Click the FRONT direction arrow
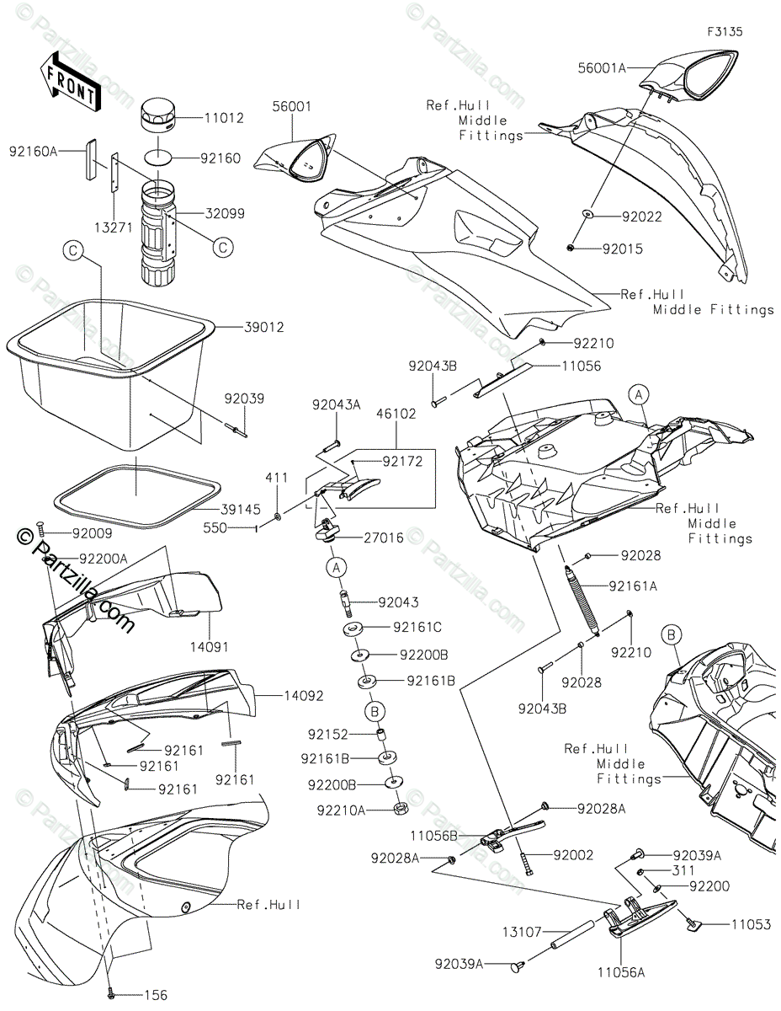69,80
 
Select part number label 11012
224,118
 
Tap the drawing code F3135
725,32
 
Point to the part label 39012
241,326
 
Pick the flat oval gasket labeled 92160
160,158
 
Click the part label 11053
751,925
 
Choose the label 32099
224,214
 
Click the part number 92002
573,855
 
